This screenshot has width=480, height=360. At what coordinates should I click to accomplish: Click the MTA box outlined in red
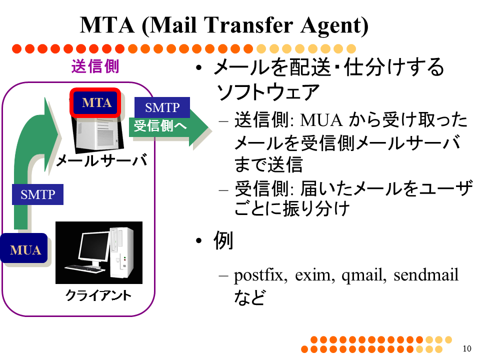pyautogui.click(x=95, y=103)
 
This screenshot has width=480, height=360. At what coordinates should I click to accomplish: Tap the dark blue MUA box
pyautogui.click(x=24, y=248)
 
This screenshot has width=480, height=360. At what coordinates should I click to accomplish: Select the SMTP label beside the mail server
pyautogui.click(x=162, y=107)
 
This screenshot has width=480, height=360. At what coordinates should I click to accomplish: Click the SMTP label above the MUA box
pyautogui.click(x=37, y=194)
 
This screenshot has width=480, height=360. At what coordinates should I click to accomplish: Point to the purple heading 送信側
pyautogui.click(x=95, y=66)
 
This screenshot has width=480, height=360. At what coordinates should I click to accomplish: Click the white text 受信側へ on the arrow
pyautogui.click(x=160, y=126)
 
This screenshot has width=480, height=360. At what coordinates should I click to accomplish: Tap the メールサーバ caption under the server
pyautogui.click(x=101, y=160)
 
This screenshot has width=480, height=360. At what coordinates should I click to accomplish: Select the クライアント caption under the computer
pyautogui.click(x=98, y=295)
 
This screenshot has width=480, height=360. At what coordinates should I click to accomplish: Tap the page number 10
pyautogui.click(x=467, y=348)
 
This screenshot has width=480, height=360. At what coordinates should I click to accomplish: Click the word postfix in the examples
pyautogui.click(x=260, y=275)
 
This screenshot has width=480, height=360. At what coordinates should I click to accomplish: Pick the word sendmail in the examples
pyautogui.click(x=426, y=274)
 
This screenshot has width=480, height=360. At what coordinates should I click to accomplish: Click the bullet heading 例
pyautogui.click(x=223, y=240)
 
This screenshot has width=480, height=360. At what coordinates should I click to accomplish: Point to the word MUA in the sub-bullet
pyautogui.click(x=321, y=120)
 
